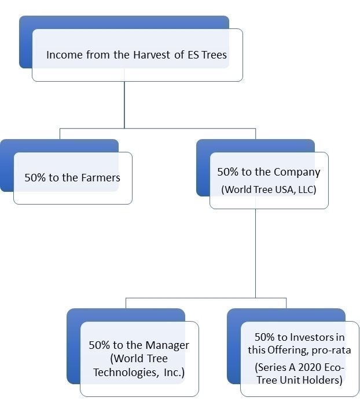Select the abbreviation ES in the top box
tap(193, 54)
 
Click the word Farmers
tap(101, 177)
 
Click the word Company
tap(295, 172)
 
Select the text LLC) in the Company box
tap(307, 189)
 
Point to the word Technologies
tap(126, 373)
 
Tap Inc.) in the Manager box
tap(174, 373)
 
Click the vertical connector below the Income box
tap(124, 105)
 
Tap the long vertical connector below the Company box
tap(255, 253)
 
